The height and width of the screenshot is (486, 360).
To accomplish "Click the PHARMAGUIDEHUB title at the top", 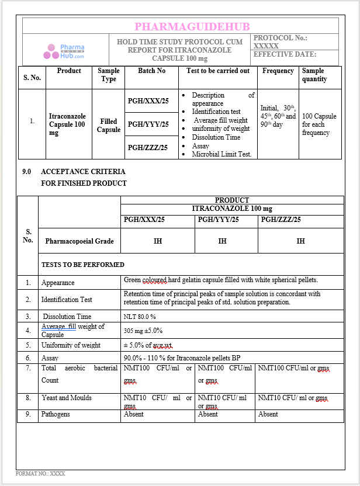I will [x=192, y=27].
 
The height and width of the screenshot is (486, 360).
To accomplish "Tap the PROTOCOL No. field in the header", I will [x=281, y=41].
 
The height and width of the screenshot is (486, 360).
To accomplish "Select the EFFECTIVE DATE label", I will [x=284, y=55].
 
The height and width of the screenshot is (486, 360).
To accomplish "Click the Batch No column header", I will [x=151, y=71].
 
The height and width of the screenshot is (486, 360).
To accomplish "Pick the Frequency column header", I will [x=278, y=71].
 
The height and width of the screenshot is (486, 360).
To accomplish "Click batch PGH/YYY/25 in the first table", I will [x=148, y=124].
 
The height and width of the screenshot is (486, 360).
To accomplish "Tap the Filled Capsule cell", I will [x=108, y=126].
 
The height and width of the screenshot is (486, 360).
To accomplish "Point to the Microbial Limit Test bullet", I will [x=221, y=154].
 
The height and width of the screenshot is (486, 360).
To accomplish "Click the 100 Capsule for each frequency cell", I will [x=319, y=124].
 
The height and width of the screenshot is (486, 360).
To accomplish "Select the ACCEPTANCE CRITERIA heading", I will [x=83, y=172].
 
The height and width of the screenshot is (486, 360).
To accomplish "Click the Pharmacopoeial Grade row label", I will [x=79, y=241].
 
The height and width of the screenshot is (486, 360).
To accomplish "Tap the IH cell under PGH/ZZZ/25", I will [x=300, y=241].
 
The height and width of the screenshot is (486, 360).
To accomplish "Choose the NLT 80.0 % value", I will [x=140, y=316].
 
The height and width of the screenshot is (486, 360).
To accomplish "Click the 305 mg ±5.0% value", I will [x=143, y=331].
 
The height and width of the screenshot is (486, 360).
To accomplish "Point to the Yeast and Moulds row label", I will [x=67, y=398].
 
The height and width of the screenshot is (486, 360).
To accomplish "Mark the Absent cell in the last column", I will [x=268, y=414].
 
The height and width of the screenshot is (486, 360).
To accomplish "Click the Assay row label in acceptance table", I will [x=50, y=357].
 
